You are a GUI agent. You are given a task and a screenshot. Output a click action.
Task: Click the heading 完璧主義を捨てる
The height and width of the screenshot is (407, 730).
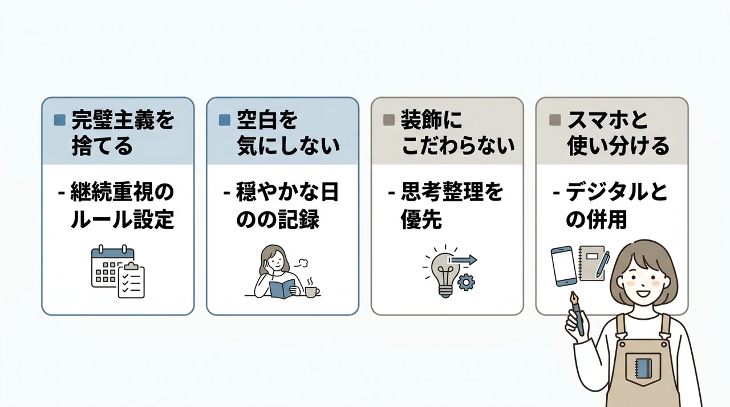coord(123,133)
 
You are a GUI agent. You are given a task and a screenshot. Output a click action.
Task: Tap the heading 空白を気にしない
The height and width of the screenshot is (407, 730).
coord(289,133)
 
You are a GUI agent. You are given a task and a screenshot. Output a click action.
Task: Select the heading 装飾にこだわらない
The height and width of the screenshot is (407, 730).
coord(458,133)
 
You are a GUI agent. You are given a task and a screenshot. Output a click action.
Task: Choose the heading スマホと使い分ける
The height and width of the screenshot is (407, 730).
coord(618,133)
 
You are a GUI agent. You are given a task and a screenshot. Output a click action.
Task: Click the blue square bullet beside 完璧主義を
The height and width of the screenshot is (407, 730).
coord(60,120)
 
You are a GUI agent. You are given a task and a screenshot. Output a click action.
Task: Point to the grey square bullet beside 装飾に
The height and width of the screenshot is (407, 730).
coord(389,120)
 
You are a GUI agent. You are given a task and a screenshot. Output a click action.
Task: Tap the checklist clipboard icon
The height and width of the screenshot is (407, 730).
coord(131,280)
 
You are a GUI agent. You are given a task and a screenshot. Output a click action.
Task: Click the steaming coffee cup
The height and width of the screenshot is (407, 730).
coord(312,288)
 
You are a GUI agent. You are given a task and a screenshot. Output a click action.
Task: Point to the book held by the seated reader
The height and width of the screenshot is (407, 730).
coord(282,289)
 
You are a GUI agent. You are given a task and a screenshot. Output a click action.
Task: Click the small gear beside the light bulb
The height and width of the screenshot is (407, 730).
coord(466,282)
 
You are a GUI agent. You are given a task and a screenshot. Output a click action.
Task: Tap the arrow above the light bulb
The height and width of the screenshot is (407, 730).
coord(463,260)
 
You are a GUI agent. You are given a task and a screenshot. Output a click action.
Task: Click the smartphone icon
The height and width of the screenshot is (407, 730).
coord(564,266)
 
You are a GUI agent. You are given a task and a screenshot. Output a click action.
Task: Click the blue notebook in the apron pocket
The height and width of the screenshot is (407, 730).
coord(643,368)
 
